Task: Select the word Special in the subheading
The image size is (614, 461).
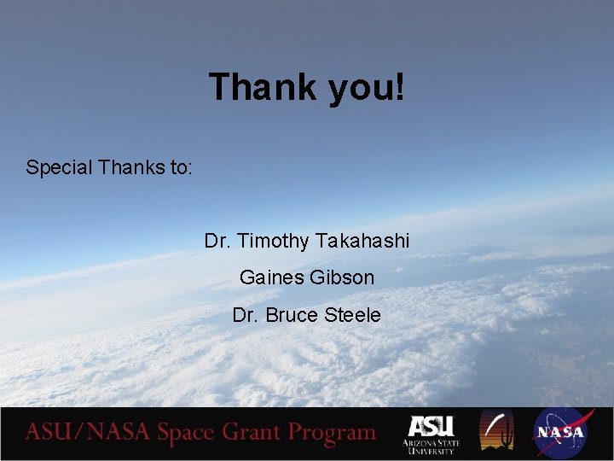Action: (x=60, y=167)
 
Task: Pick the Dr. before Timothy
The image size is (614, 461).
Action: (x=218, y=242)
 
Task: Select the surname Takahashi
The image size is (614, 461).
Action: (x=362, y=242)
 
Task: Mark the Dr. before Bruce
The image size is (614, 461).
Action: (x=246, y=315)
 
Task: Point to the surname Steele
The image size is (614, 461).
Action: (x=352, y=315)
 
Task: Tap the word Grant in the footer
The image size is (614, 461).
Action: (x=253, y=433)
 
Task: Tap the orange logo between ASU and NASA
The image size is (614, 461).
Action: (x=496, y=431)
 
